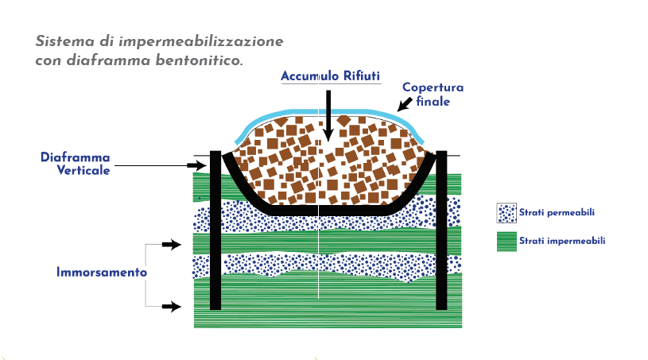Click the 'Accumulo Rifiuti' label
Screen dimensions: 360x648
tap(331, 75)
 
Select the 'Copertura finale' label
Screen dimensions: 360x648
tap(433, 95)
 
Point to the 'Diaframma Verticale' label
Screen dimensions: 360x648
tap(76, 164)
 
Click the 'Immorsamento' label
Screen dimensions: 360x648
tap(102, 273)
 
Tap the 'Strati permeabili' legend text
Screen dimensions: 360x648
tap(557, 213)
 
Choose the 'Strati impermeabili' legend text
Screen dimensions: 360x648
tap(562, 240)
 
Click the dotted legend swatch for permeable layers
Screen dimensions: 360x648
tap(506, 213)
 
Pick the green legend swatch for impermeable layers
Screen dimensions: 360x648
tap(506, 240)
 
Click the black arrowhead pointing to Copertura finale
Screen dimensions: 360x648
tap(402, 106)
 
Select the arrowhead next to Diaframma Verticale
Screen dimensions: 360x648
tap(199, 165)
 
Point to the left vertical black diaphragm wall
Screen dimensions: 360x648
tap(215, 230)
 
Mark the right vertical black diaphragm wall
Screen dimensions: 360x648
tap(442, 230)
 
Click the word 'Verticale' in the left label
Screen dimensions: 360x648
tap(83, 171)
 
